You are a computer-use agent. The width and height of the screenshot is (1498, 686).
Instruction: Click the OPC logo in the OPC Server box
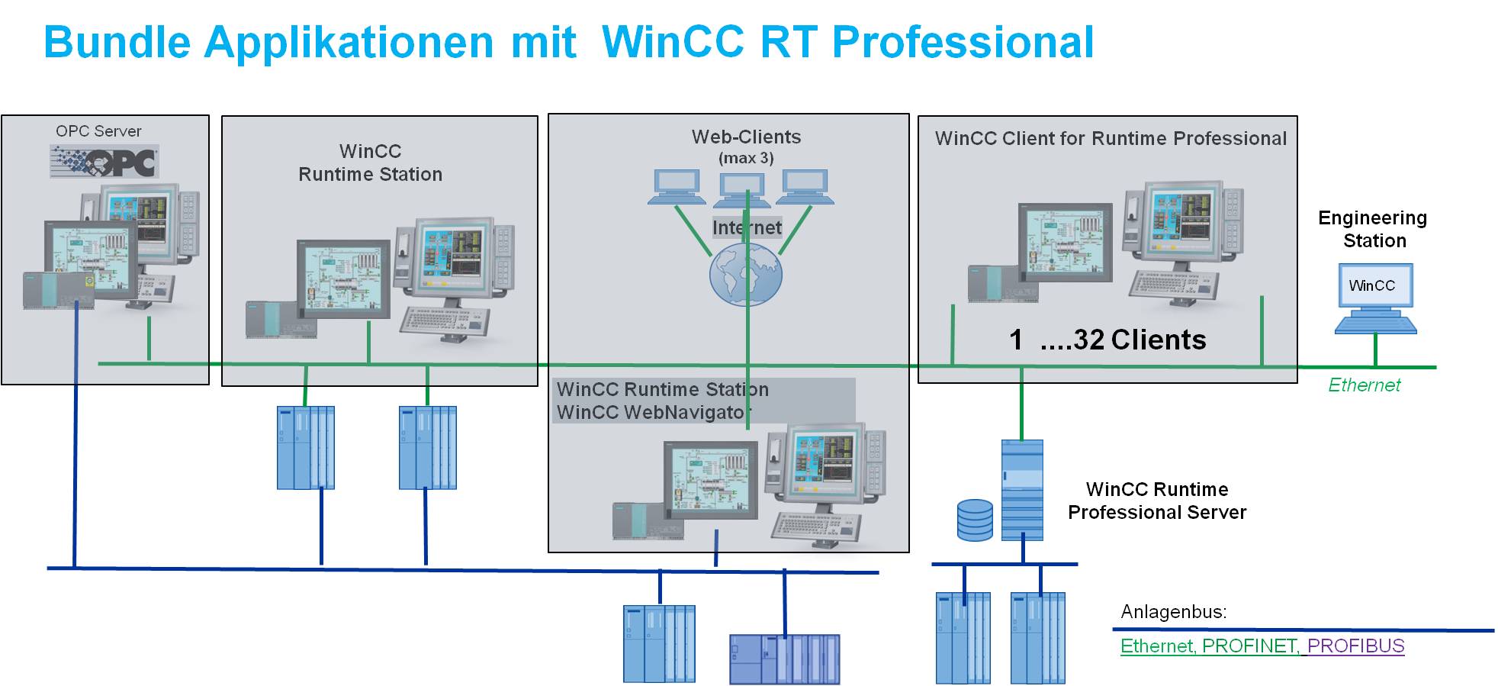pos(104,162)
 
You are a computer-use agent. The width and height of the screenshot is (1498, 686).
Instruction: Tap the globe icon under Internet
pos(745,275)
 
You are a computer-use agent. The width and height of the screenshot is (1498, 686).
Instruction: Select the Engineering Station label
pos(1373,229)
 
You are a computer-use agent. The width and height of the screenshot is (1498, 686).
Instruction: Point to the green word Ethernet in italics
pos(1364,385)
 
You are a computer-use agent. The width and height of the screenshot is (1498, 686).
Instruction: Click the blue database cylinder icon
pos(975,520)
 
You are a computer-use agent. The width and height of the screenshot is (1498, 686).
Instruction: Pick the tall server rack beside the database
pos(1022,490)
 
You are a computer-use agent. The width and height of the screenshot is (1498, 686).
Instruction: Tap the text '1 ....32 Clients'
pos(1107,340)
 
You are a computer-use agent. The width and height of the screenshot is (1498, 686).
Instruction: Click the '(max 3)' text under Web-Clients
pos(746,159)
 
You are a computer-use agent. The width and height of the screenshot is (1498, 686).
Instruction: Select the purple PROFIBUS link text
pos(1355,646)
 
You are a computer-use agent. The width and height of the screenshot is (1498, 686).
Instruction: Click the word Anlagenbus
pos(1173,611)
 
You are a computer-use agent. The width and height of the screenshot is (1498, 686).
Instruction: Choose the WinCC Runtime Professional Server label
pos(1156,501)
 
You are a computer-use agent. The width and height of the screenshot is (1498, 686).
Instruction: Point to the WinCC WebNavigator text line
pos(654,413)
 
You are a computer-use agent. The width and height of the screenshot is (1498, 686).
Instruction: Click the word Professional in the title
pos(963,42)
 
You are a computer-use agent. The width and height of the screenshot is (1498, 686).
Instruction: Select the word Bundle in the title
pos(117,42)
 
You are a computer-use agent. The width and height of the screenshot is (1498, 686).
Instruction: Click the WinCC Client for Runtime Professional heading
pos(1111,138)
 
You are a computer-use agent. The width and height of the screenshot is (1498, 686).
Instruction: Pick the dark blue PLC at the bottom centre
pos(784,659)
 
